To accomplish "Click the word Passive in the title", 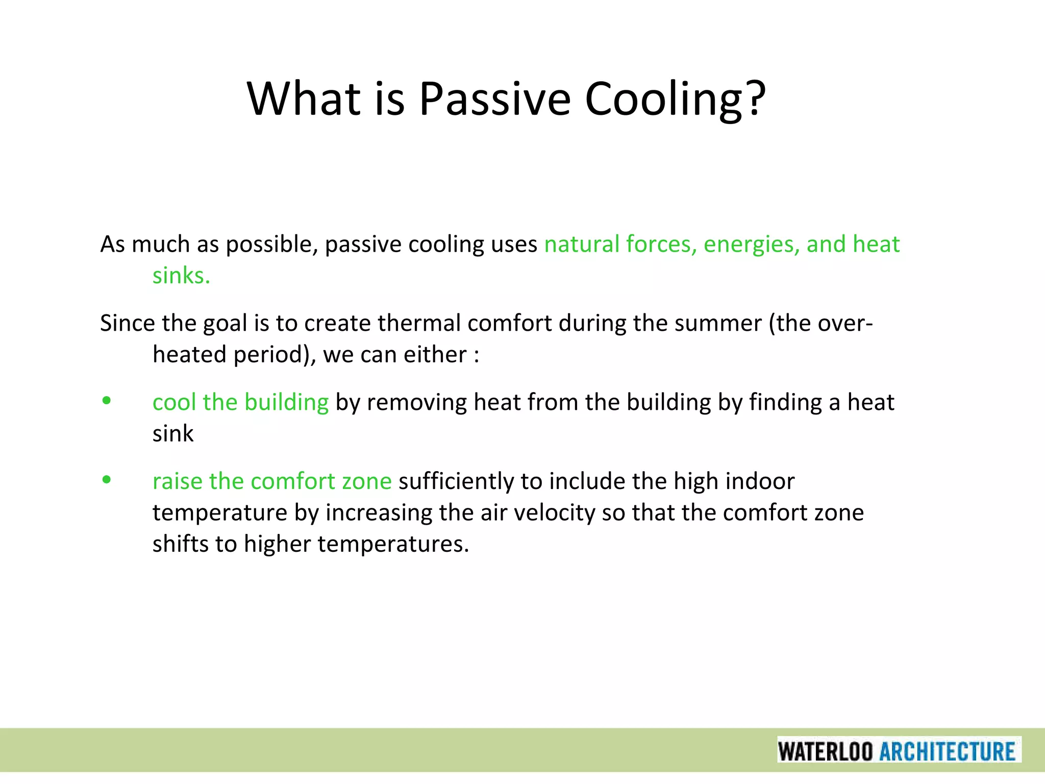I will tap(494, 99).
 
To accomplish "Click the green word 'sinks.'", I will tap(181, 276).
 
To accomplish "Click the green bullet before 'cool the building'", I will tap(106, 401).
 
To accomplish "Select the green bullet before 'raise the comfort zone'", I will tap(106, 480).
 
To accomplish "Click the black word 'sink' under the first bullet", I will tap(173, 434).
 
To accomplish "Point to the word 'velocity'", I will tap(554, 512).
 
